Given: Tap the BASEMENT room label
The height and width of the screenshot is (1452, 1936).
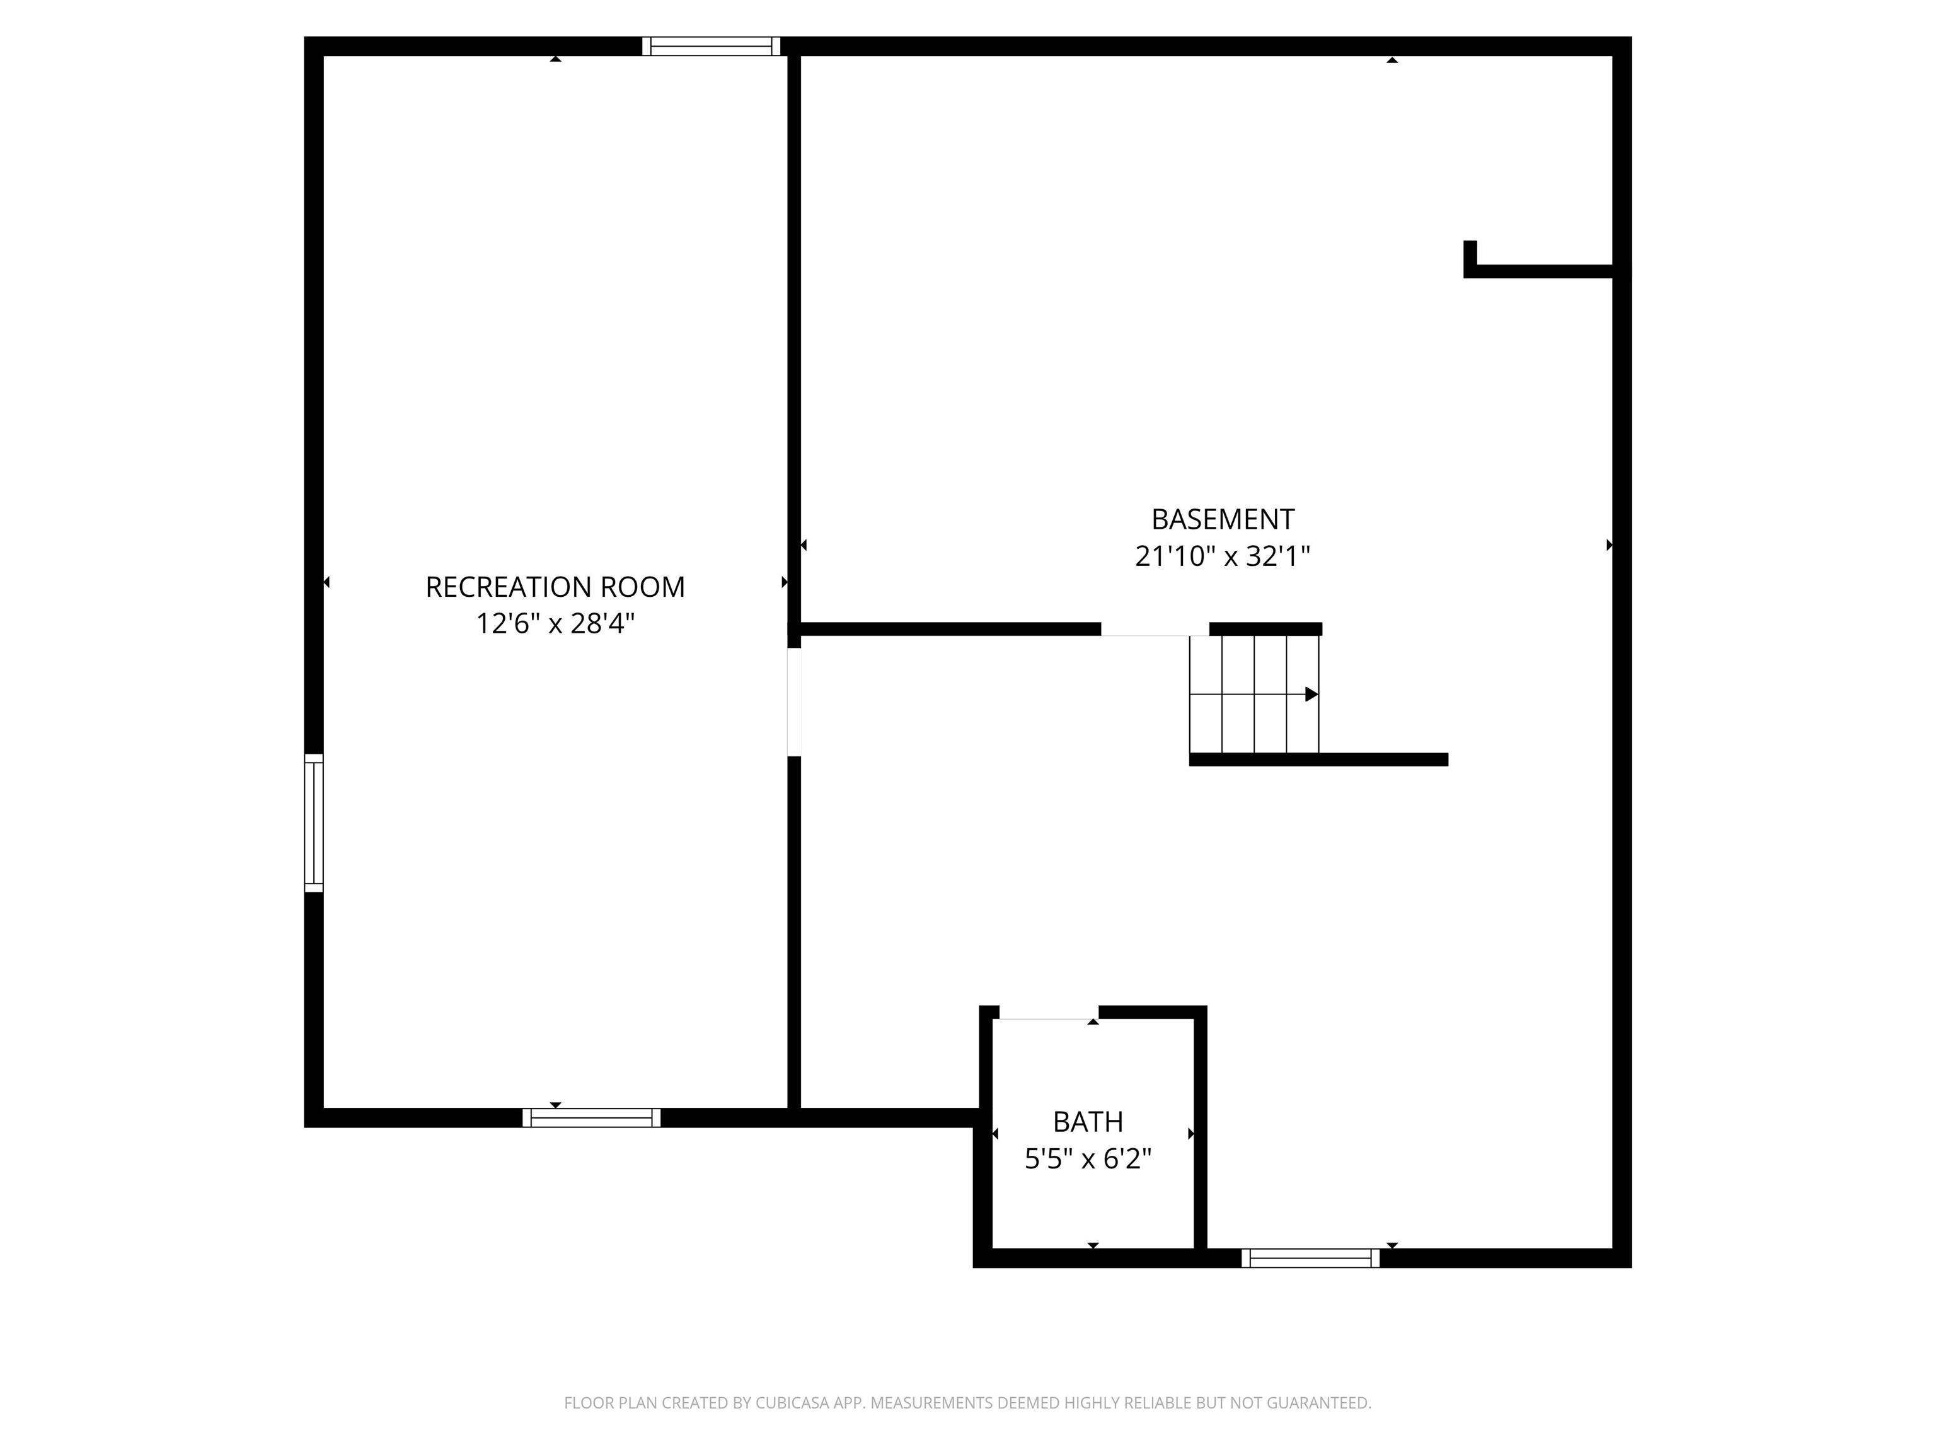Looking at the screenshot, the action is tap(1223, 519).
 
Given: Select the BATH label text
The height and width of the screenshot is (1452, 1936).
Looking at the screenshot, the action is tap(1088, 1121).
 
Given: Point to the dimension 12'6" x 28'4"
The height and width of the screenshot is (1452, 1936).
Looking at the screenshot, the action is tap(555, 623).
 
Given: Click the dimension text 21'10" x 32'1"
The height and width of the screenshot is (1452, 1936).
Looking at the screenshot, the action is tap(1223, 556).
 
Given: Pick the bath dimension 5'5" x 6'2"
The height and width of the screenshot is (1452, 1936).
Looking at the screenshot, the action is tap(1088, 1159).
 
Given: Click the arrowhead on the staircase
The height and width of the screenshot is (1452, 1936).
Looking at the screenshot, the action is tap(1311, 694).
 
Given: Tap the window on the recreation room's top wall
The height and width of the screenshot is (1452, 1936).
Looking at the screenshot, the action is tap(711, 47).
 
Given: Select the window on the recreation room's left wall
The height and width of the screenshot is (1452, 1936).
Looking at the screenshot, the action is tap(313, 822).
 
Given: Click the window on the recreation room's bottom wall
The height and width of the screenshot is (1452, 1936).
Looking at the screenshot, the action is tap(592, 1117).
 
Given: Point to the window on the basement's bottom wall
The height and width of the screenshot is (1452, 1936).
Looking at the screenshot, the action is tap(1310, 1258).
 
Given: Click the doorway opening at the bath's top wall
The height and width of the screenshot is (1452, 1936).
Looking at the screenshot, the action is tap(1049, 1013).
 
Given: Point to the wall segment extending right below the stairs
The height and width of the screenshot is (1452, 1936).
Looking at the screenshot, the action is tap(1318, 759).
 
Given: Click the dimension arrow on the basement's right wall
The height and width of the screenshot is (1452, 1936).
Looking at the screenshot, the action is tap(1610, 545).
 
